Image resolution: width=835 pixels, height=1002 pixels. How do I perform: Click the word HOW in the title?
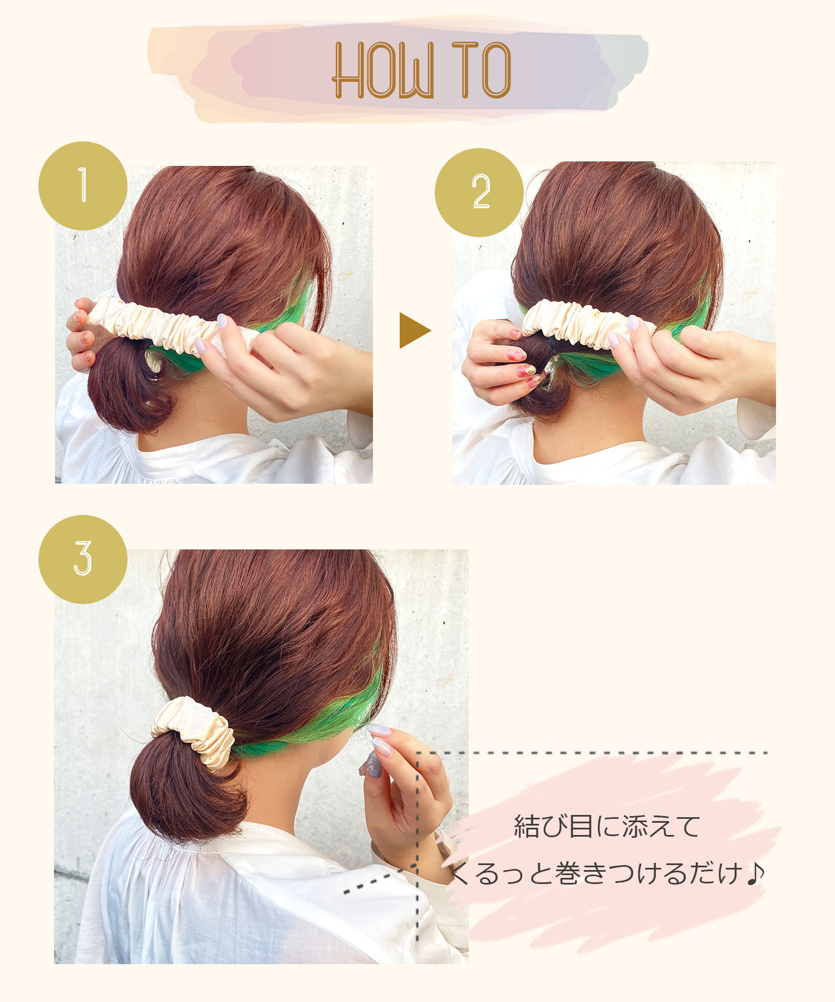(x=383, y=71)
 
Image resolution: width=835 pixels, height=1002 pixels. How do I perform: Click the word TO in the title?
(x=482, y=70)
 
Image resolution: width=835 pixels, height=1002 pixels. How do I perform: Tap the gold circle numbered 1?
(x=83, y=186)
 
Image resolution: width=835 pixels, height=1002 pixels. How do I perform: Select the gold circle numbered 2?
(x=479, y=193)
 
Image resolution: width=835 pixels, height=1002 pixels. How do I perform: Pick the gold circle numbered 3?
(x=83, y=559)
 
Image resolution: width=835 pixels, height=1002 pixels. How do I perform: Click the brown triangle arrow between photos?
(x=415, y=331)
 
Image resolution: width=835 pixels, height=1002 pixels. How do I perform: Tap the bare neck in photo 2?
(x=590, y=412)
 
